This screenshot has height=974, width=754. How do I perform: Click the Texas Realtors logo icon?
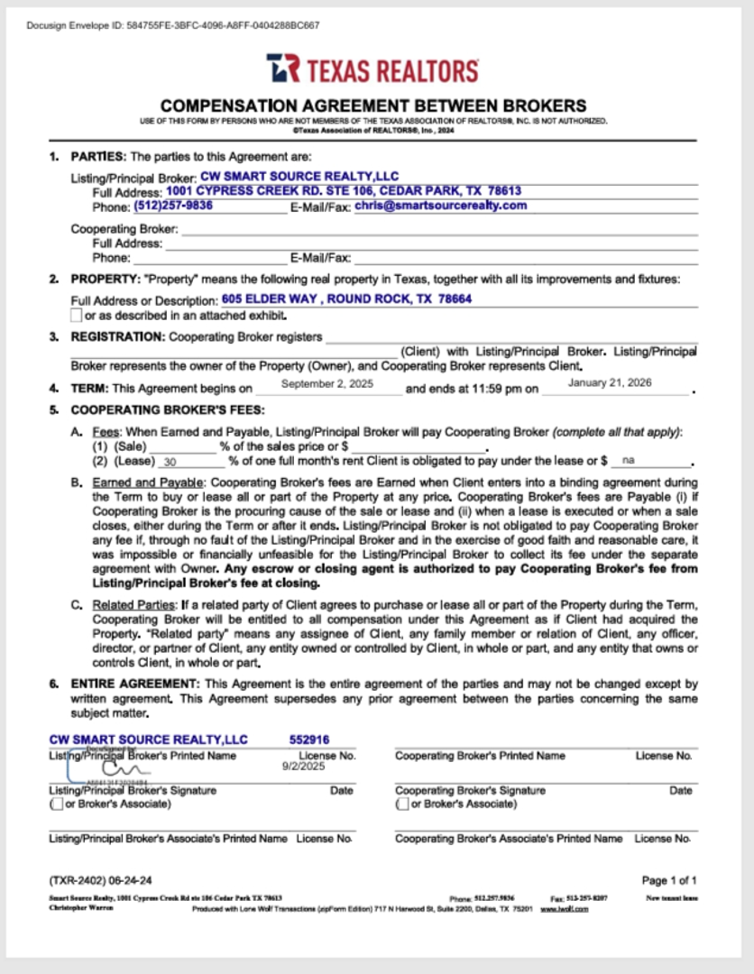(x=283, y=69)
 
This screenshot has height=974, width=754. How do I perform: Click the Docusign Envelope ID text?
(x=173, y=25)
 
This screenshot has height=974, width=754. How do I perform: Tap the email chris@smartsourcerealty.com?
(x=440, y=206)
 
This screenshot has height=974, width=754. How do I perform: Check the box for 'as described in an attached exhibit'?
(x=76, y=316)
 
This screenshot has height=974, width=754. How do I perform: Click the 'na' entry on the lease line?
(x=629, y=460)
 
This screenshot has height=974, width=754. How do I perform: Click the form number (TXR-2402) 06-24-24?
(x=100, y=879)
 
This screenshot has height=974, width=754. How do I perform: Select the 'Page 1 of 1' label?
(x=669, y=879)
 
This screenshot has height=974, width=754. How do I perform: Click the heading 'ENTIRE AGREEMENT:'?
(x=137, y=685)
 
